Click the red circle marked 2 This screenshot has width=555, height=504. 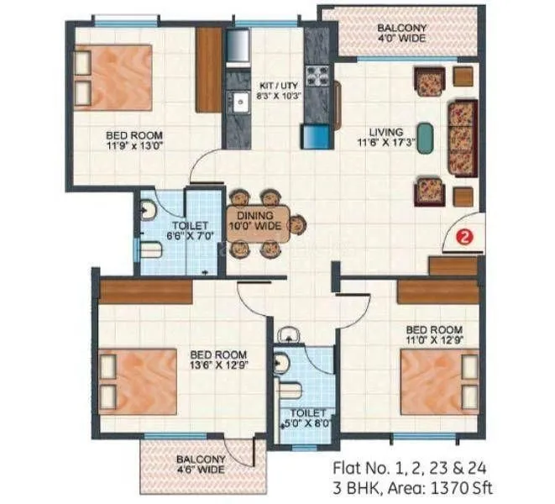(461, 238)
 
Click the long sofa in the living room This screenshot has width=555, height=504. (462, 137)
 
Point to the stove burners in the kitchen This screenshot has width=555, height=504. (319, 76)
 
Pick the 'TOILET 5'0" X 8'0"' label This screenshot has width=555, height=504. (302, 418)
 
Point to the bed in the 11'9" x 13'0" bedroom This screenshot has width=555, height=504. (113, 78)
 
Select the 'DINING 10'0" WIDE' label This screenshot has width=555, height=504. (256, 219)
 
